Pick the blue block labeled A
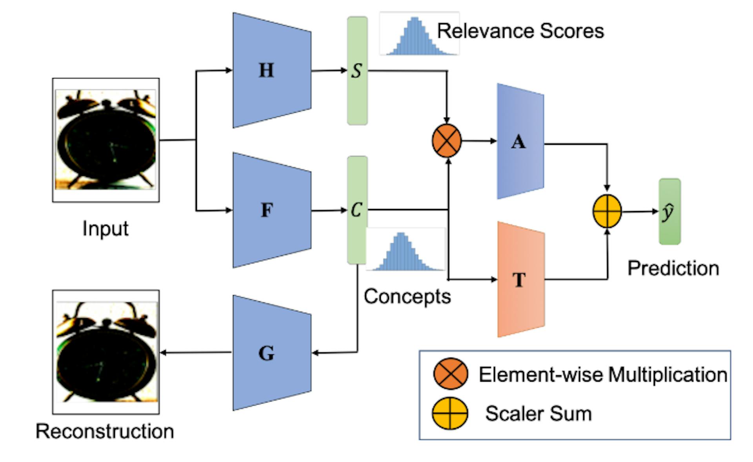pos(520,141)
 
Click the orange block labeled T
pos(521,280)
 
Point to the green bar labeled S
pos(357,71)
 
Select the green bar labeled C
pos(357,210)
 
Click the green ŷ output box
pos(669,212)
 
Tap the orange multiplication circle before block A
pos(447,141)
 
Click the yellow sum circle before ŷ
pos(607,211)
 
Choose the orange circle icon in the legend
pos(451,374)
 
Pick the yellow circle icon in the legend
pos(450,414)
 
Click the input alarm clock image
pos(106,140)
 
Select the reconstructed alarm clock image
pos(106,352)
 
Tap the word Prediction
pos(673,269)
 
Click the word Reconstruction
pos(105,431)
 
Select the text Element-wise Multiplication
pos(603,375)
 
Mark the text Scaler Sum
pos(538,414)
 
